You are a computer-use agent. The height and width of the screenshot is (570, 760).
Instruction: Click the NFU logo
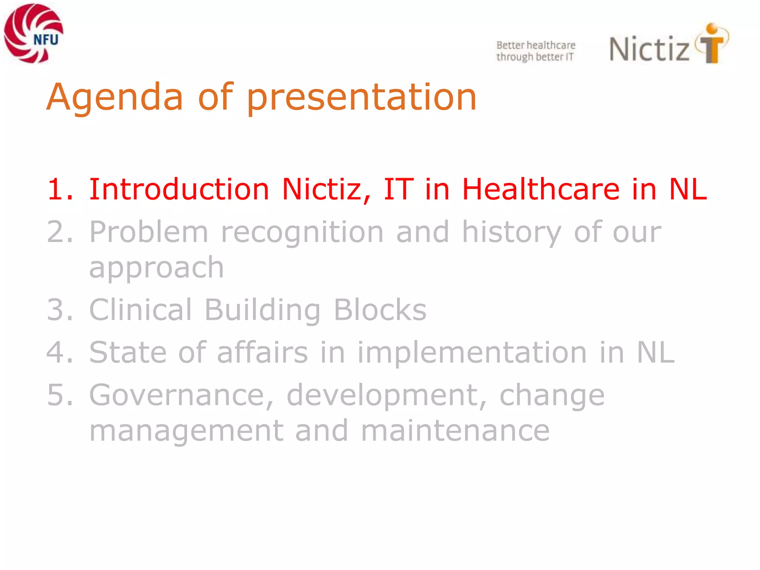click(33, 33)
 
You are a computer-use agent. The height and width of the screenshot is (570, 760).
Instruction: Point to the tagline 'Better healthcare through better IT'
click(535, 51)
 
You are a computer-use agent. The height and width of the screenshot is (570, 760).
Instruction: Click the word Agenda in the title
click(115, 97)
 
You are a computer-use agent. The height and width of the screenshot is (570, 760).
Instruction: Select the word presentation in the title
click(361, 97)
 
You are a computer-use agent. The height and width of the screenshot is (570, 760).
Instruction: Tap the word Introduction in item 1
click(179, 189)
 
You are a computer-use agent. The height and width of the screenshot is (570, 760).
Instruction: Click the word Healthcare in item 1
click(541, 189)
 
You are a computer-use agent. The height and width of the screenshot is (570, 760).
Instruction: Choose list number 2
click(59, 232)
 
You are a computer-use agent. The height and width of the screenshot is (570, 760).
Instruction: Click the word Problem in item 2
click(148, 232)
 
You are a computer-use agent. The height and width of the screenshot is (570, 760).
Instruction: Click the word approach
click(157, 267)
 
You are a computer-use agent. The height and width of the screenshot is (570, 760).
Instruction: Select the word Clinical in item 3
click(140, 309)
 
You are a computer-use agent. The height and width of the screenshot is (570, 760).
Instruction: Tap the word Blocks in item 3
click(380, 309)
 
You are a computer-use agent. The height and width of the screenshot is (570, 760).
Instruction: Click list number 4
click(59, 352)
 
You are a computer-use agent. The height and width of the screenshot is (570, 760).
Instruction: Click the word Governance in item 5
click(181, 395)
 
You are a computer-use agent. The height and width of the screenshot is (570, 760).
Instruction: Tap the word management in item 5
click(186, 430)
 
